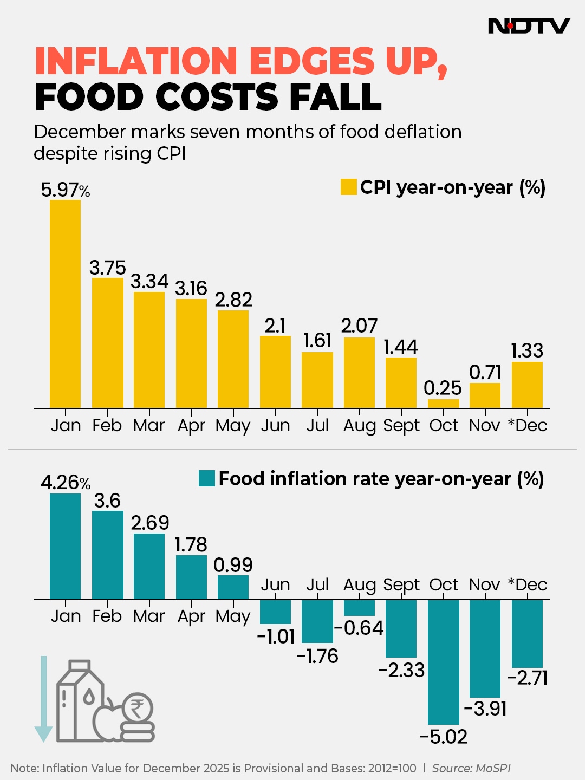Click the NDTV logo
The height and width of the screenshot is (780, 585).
click(x=529, y=25)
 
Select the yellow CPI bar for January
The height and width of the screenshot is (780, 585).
click(x=65, y=303)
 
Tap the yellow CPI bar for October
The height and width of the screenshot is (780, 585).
click(x=443, y=404)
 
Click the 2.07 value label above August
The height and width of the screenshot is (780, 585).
click(x=359, y=326)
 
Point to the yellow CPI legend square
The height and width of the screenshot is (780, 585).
click(x=348, y=187)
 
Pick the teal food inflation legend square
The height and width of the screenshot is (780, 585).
click(x=207, y=478)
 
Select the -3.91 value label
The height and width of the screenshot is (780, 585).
click(x=485, y=708)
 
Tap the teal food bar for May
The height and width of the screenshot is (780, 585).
click(x=233, y=587)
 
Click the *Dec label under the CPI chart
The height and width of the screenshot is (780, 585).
click(x=527, y=425)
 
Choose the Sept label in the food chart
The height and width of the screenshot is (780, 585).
click(x=401, y=584)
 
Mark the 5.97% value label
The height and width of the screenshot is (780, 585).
click(x=65, y=190)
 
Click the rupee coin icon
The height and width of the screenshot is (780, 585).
click(x=138, y=708)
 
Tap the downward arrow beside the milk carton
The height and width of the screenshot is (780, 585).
click(x=43, y=699)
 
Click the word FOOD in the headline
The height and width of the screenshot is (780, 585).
click(x=88, y=97)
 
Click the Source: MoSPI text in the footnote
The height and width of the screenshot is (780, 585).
click(x=471, y=768)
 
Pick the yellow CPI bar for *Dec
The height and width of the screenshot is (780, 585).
click(x=527, y=385)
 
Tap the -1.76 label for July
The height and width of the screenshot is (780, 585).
click(x=317, y=656)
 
